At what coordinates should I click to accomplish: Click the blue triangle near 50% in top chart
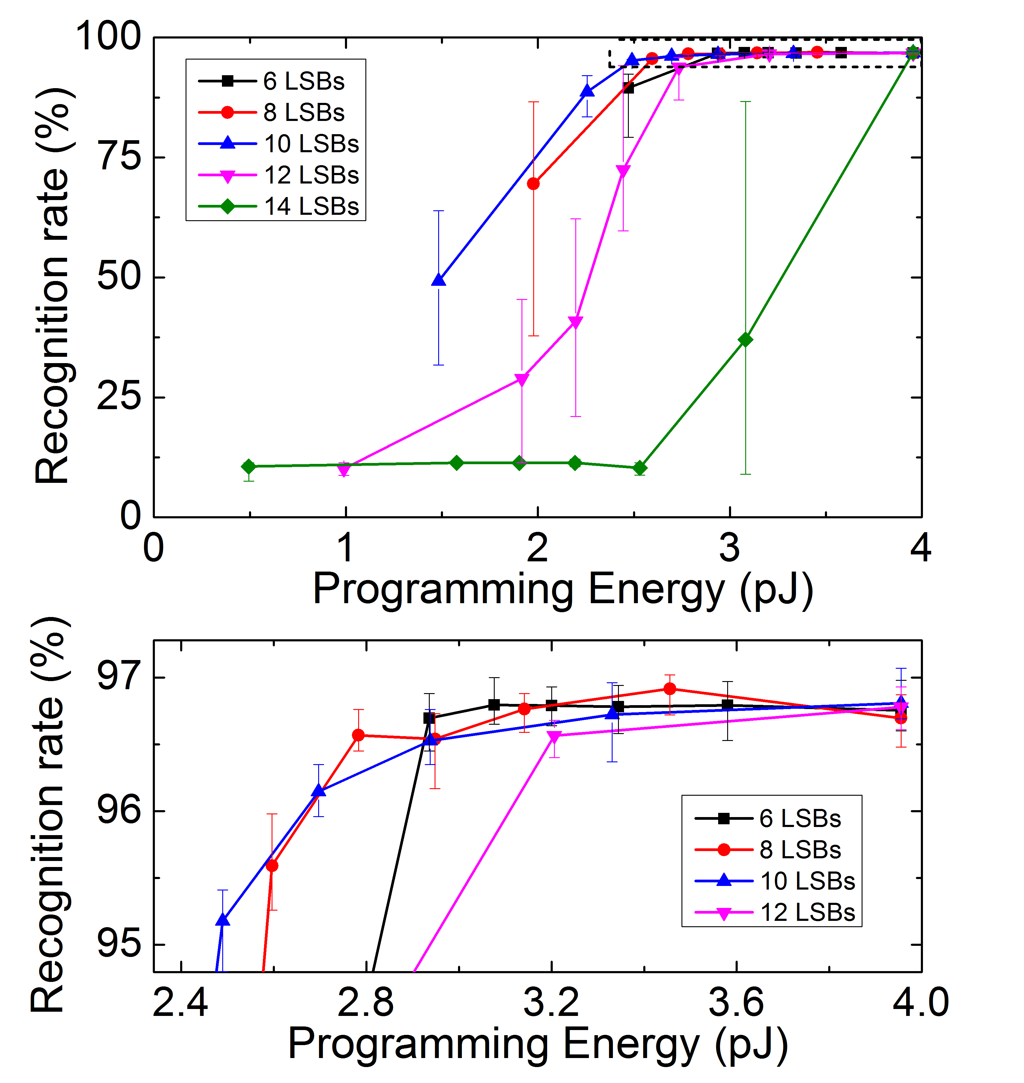click(438, 280)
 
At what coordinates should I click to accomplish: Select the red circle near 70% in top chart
click(533, 184)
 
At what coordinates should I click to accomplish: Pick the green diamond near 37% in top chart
click(745, 340)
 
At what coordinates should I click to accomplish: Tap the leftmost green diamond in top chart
click(249, 466)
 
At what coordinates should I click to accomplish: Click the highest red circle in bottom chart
click(670, 689)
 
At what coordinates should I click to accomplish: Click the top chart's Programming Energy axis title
click(562, 590)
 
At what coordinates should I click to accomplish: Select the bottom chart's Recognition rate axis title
click(49, 814)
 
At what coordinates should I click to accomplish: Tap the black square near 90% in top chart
click(628, 88)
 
